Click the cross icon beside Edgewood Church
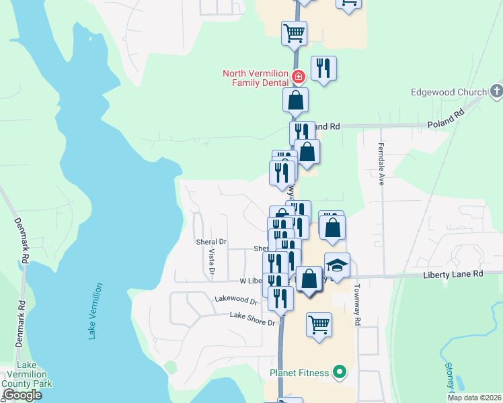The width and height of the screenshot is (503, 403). [496, 91]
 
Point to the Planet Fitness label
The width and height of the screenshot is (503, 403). [300, 372]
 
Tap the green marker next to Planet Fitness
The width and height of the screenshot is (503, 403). [340, 371]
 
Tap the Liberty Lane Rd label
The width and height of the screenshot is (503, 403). [453, 274]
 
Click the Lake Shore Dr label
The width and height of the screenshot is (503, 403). [253, 319]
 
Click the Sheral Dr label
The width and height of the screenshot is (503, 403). [212, 241]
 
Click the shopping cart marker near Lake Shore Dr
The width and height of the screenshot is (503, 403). [319, 324]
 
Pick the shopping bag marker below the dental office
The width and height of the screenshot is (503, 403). [295, 101]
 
